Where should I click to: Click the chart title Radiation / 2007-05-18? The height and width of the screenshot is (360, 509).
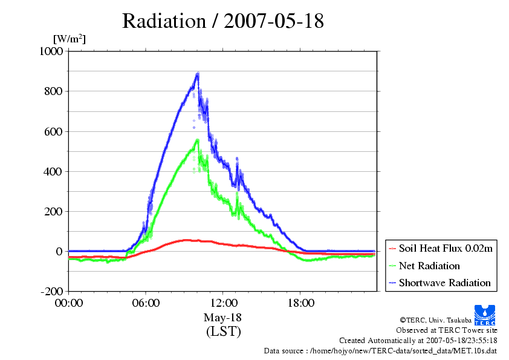(x=223, y=21)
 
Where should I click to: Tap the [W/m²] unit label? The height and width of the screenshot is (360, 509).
(x=70, y=39)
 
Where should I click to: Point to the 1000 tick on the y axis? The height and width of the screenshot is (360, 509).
(x=51, y=51)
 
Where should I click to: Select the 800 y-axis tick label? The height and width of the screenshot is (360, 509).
(x=53, y=91)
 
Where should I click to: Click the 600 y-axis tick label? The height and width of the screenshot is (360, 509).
(x=53, y=131)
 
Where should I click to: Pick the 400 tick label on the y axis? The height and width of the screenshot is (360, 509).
(x=53, y=172)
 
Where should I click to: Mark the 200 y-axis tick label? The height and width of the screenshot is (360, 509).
(x=53, y=212)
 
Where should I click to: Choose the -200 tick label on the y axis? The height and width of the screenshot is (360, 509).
(x=52, y=292)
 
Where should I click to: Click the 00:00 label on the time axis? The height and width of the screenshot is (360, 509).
(x=69, y=303)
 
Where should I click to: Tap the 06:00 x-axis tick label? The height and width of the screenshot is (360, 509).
(x=146, y=303)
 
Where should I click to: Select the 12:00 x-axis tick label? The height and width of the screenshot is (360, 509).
(x=223, y=303)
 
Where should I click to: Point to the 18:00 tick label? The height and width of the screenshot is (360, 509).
(x=300, y=303)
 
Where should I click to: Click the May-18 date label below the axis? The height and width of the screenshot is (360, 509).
(x=222, y=318)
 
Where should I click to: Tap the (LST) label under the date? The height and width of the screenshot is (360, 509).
(x=223, y=332)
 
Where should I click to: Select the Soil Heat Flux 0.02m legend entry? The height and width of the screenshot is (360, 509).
(x=441, y=249)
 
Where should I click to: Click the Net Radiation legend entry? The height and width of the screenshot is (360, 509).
(x=424, y=266)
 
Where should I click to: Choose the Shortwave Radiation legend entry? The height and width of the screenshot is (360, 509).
(x=440, y=283)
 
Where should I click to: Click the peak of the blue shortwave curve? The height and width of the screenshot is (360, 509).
(x=197, y=74)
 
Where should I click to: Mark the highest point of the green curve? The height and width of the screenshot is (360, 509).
(x=197, y=140)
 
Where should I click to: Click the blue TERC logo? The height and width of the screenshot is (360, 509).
(x=485, y=315)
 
